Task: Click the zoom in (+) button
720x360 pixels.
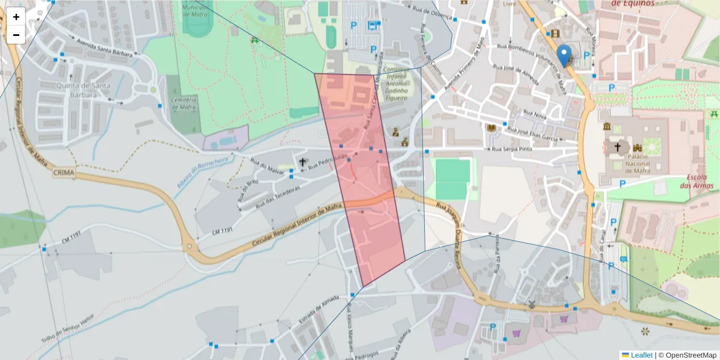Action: pos(16,17)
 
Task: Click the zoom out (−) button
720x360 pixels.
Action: pos(16,35)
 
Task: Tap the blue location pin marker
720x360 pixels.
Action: pos(564,55)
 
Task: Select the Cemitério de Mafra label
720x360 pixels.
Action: pos(184,103)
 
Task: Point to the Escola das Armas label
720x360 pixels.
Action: pos(700,182)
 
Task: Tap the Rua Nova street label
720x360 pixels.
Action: pos(535,113)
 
